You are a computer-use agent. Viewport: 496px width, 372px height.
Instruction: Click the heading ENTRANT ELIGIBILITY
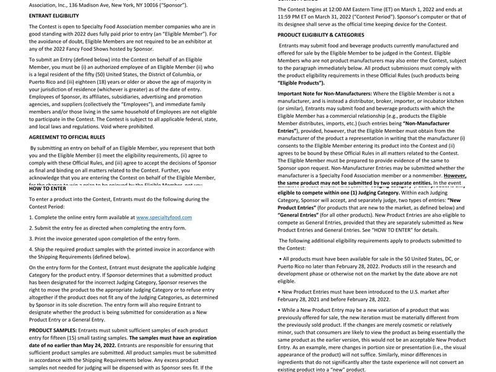(x=54, y=15)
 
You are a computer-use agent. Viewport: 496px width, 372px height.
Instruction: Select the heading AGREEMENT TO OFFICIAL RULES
(x=67, y=137)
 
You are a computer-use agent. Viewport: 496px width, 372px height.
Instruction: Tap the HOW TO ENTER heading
(x=48, y=188)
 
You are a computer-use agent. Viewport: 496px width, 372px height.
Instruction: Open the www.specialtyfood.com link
(x=164, y=218)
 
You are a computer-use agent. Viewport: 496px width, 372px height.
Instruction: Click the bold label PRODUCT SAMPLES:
(x=53, y=330)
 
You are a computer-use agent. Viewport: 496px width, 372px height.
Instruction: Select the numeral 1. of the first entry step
(x=31, y=218)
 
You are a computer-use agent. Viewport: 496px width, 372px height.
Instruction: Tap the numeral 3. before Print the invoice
(x=31, y=239)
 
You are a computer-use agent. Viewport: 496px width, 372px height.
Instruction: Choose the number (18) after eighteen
(x=110, y=82)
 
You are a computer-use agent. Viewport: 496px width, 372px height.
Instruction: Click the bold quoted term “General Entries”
(x=299, y=215)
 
